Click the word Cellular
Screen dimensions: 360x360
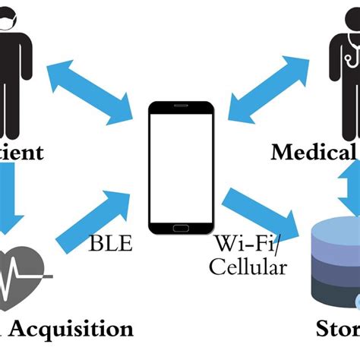tap(249, 267)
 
